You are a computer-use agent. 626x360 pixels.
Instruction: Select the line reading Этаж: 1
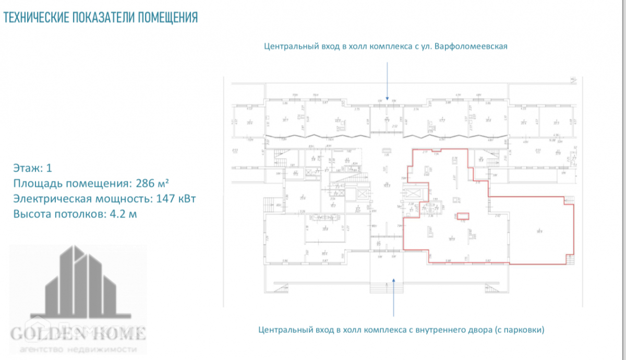(32, 168)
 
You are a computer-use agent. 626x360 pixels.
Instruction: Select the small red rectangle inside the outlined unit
(463, 215)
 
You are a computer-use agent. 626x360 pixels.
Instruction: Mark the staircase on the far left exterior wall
(270, 205)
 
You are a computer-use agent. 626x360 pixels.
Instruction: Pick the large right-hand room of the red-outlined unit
(537, 231)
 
